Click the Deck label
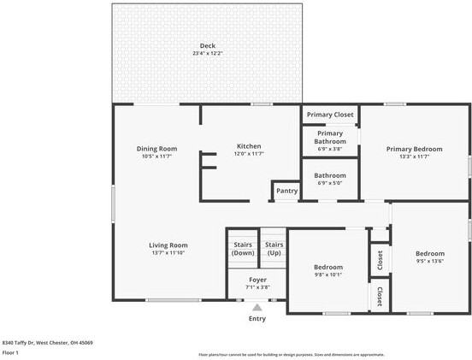(208, 45)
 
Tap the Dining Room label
(156, 148)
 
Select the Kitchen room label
(249, 145)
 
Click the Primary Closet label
(330, 114)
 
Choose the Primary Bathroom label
(330, 137)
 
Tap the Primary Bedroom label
(413, 148)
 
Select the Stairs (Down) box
(243, 249)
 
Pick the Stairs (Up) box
(274, 249)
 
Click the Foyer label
(258, 280)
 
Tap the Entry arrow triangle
(257, 307)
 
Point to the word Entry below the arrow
(257, 319)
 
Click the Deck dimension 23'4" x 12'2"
(208, 54)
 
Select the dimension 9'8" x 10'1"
(328, 274)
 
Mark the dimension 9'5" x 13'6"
(429, 262)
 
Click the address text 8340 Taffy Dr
(47, 342)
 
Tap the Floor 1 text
(11, 352)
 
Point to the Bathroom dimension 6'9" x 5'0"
(330, 182)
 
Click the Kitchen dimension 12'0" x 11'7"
(249, 154)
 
